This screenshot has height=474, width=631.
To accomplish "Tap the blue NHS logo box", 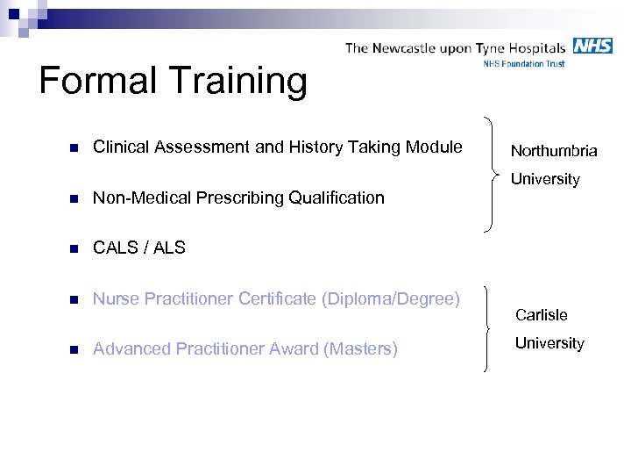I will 592,46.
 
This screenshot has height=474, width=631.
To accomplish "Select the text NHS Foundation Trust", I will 524,64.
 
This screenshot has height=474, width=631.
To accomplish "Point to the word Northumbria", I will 554,151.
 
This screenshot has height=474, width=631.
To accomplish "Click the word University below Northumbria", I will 545,179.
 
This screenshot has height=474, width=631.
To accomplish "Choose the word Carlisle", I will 541,314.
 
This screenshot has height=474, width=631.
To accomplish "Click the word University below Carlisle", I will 549,343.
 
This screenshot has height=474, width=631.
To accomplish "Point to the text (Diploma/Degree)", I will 390,299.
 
